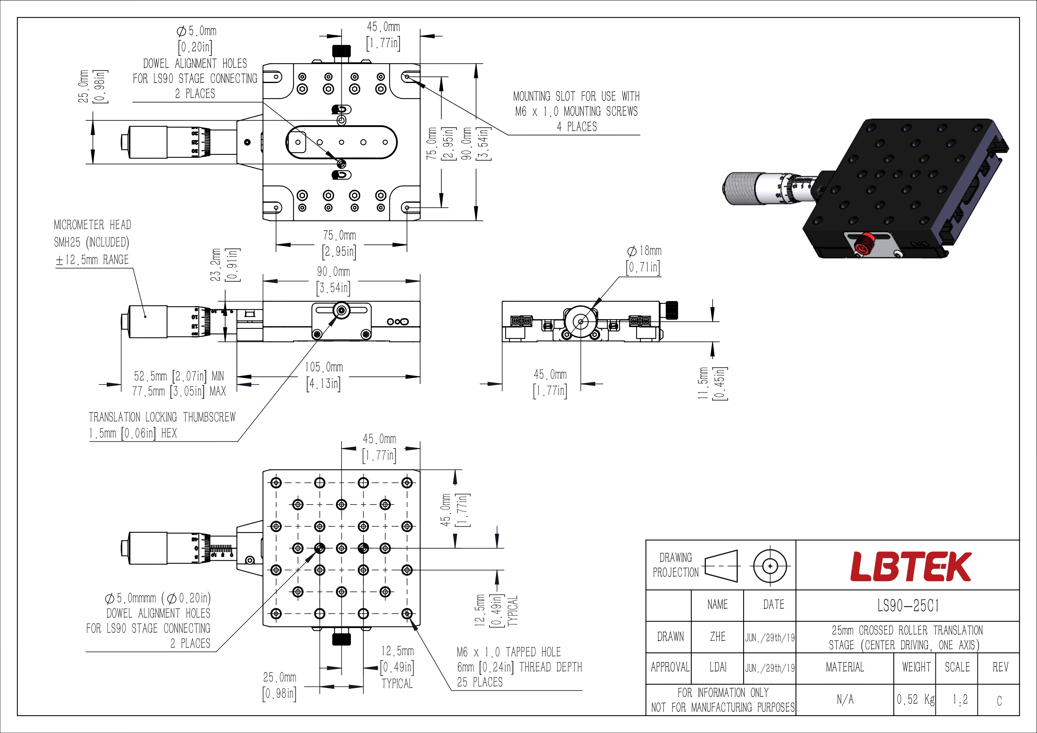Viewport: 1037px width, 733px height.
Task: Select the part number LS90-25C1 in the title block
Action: (x=908, y=605)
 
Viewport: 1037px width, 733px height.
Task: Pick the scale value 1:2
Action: (x=960, y=700)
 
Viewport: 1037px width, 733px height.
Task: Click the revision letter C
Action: (x=999, y=701)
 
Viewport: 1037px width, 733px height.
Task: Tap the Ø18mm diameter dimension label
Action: (x=644, y=251)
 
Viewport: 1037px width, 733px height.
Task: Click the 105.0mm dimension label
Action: (x=324, y=367)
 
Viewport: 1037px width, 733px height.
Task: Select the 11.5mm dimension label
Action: (x=703, y=383)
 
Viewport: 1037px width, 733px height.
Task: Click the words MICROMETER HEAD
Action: (x=93, y=225)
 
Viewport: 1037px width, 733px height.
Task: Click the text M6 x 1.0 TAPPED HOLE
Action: (x=509, y=652)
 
